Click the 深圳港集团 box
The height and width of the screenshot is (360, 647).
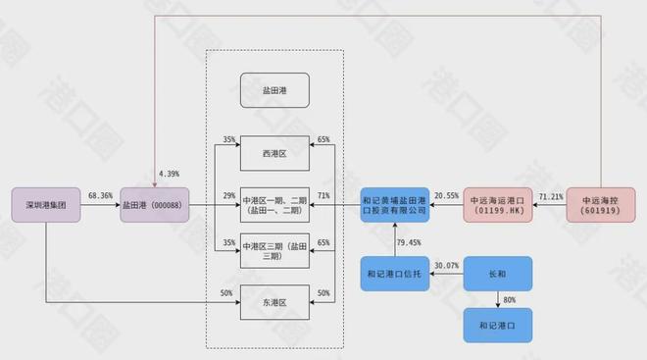46,206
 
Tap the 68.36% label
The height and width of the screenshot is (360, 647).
100,196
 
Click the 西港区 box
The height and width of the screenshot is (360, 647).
274,152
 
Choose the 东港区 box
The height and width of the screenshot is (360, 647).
274,305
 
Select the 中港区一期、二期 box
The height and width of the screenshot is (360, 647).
274,203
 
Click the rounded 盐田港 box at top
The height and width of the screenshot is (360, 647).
274,90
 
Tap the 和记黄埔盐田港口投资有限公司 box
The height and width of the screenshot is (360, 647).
395,203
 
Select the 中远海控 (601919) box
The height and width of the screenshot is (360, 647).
601,203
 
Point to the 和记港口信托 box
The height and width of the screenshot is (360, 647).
395,274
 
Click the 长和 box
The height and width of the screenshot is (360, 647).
497,274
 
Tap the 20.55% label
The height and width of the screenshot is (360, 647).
446,196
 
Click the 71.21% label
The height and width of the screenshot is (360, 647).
550,196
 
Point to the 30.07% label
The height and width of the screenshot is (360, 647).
446,265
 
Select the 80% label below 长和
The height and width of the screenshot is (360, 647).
510,300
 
